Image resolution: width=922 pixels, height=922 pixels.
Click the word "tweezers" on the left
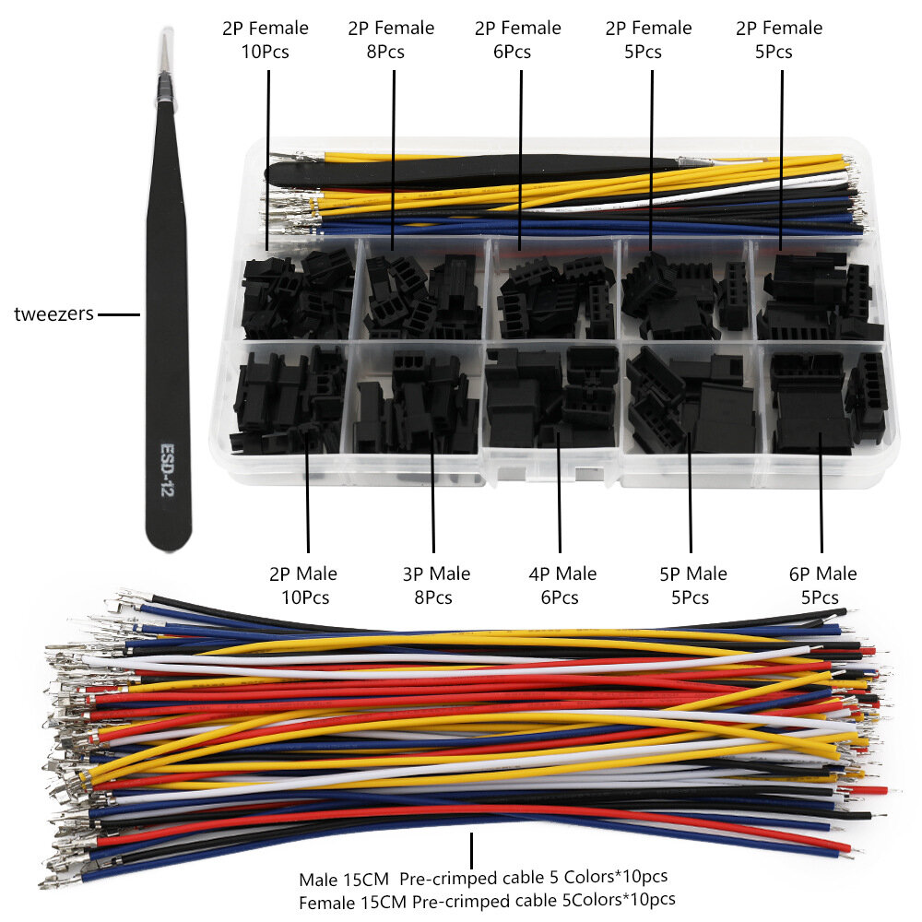pos(53,314)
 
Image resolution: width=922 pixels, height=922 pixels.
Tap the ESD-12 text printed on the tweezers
pos(168,469)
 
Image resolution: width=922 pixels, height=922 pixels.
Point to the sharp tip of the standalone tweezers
pos(167,30)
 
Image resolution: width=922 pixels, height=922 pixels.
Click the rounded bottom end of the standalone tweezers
pos(169,544)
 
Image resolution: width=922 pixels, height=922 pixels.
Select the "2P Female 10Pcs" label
pos(266,40)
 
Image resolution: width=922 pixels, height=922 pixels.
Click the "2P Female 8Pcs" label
pos(391,40)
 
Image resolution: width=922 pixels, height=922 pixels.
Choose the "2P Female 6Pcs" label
pos(517,40)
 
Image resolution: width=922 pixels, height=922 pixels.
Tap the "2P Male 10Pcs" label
pos(304,585)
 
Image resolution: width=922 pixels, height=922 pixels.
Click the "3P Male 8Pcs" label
pos(436,585)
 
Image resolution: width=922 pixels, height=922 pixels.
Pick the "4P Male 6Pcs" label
pos(562,585)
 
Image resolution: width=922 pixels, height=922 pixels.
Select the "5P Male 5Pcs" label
pos(693,585)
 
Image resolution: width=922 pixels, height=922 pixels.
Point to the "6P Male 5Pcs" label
pos(822,585)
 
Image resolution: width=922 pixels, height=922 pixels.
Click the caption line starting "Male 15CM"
pos(483,878)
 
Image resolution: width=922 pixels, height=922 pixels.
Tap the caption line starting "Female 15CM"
pos(487,901)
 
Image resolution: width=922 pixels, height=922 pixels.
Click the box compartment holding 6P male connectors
pos(821,400)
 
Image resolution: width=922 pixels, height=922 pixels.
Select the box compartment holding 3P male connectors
pos(417,400)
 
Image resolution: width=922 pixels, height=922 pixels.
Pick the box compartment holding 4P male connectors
pos(551,400)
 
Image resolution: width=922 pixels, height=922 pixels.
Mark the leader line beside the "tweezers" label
pos(119,314)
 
